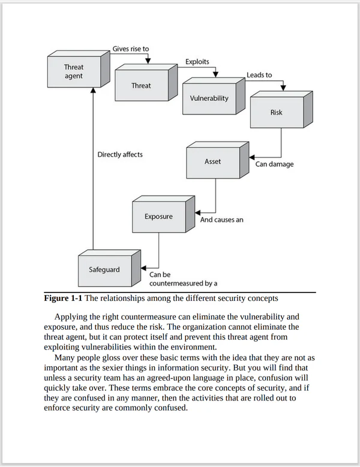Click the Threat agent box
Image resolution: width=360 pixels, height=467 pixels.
pos(79,69)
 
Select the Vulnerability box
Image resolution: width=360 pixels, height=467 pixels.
pos(214,96)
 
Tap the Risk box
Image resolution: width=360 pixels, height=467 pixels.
pos(281,110)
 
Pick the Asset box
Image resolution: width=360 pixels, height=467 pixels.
pos(218,160)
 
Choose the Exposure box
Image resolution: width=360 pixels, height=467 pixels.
pos(164,214)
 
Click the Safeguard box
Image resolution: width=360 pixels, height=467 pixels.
pos(109,268)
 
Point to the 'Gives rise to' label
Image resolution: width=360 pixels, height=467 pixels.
pos(131,49)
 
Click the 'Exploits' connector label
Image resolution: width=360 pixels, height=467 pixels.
pos(197,62)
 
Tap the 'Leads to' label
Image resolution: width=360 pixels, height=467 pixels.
pos(259,75)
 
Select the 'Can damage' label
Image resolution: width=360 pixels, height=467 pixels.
pos(274,164)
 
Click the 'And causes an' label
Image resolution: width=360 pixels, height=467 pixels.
pos(222,220)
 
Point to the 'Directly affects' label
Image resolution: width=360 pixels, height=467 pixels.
pos(120,155)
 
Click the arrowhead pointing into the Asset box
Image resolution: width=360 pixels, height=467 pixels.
pos(252,157)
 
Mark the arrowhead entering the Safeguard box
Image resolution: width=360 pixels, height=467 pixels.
pos(143,268)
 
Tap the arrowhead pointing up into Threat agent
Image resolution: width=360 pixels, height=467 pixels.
pos(93,90)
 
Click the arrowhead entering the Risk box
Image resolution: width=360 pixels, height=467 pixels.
pos(283,88)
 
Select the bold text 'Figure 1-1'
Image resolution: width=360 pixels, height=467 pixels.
pos(63,298)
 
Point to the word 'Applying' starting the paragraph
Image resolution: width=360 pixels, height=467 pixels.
pos(69,317)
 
